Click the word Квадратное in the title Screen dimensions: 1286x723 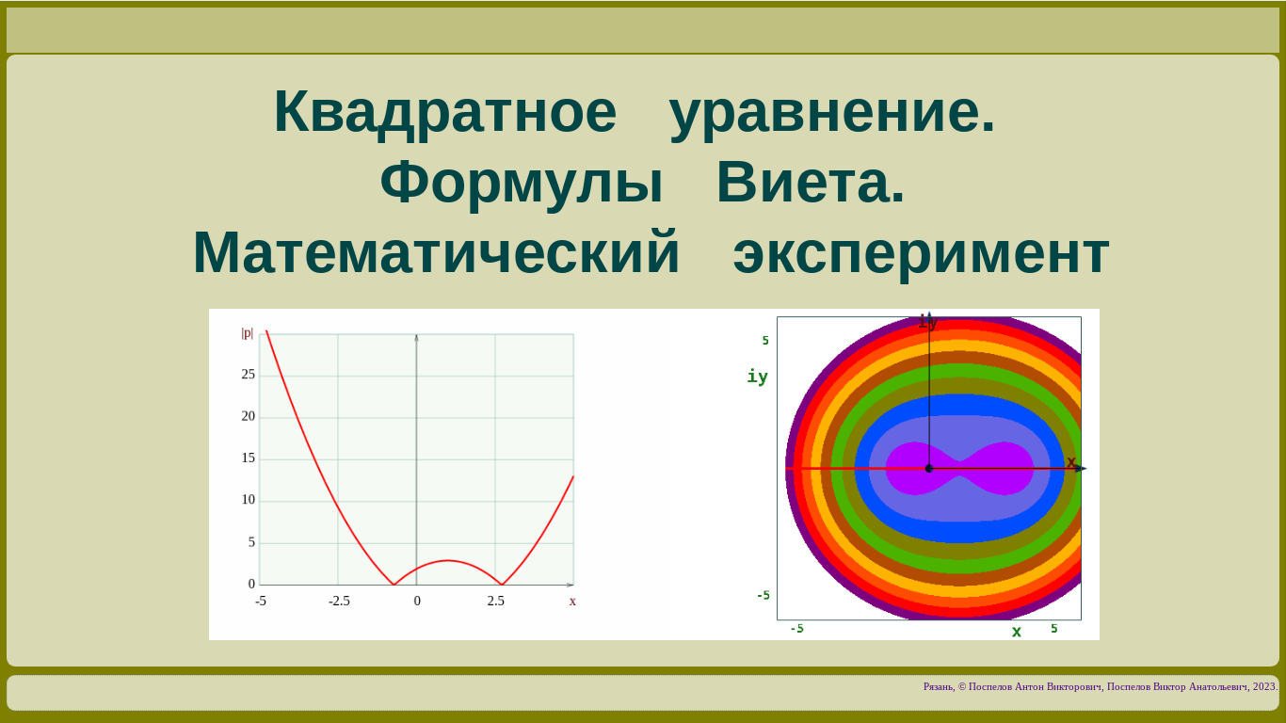445,113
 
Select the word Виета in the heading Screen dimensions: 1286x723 810,184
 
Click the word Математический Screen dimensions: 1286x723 436,253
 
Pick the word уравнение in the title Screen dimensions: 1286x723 832,113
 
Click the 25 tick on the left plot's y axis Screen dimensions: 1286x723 248,375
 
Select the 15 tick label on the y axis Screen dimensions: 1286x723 248,458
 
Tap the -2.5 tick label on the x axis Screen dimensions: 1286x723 339,602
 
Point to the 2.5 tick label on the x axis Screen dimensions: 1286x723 495,602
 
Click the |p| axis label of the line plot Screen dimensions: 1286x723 247,333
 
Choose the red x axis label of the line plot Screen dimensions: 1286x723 572,602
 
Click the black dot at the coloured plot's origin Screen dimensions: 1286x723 929,469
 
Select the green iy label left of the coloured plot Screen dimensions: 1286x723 757,377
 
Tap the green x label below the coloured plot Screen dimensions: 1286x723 1016,632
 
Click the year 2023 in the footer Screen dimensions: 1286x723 1264,687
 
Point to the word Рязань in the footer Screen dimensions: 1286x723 939,687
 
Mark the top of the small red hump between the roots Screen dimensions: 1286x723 448,560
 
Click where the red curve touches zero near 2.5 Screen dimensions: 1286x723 502,585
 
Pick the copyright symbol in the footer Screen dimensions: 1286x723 962,687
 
